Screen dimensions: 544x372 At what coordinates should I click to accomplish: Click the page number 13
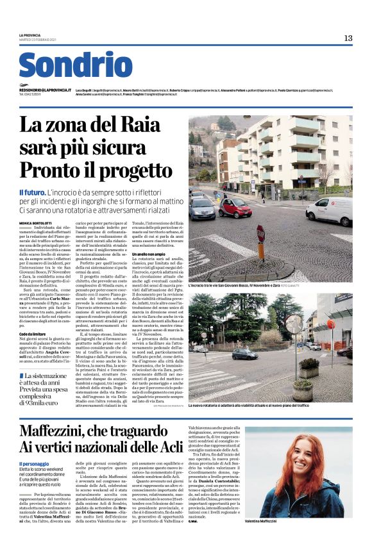pyautogui.click(x=348, y=38)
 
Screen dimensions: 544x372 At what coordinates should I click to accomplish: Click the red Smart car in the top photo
pyautogui.click(x=236, y=206)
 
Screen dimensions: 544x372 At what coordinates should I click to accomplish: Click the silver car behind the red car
pyautogui.click(x=202, y=207)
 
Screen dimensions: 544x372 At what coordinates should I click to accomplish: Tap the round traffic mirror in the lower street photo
pyautogui.click(x=293, y=324)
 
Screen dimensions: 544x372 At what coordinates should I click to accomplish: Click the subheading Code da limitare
pyautogui.click(x=32, y=334)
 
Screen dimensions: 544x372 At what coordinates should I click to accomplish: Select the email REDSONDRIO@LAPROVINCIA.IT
pyautogui.click(x=46, y=91)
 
